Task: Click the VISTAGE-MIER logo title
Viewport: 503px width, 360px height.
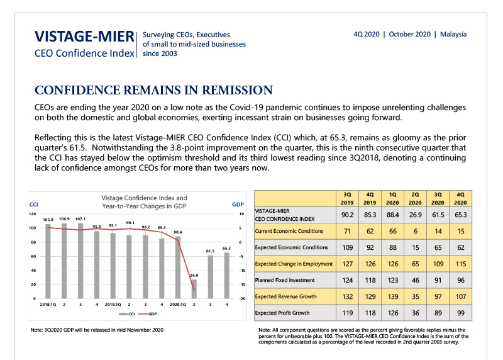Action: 84,37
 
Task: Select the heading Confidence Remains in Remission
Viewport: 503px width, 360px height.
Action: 153,90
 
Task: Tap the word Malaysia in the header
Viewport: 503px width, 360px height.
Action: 453,35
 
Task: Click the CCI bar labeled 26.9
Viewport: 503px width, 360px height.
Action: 194,289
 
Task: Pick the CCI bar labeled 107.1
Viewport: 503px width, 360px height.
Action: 80,261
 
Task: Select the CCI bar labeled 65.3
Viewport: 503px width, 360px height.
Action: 227,276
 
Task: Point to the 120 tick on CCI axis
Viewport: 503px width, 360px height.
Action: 33,214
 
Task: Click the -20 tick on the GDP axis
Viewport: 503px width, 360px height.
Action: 242,299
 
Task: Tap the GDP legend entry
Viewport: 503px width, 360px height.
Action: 148,314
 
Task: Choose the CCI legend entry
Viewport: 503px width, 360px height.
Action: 127,314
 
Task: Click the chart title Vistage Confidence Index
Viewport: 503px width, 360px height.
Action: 144,202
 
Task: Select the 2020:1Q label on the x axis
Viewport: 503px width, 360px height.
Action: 178,305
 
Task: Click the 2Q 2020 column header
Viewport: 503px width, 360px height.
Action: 415,198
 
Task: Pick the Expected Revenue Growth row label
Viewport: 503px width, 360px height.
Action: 285,296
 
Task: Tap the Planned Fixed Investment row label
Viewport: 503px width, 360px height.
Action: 285,280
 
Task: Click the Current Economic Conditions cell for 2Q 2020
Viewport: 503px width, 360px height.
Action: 416,231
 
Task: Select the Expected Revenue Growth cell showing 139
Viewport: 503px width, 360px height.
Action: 392,296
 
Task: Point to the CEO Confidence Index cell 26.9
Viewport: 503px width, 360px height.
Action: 416,215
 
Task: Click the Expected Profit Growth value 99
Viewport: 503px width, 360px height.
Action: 461,313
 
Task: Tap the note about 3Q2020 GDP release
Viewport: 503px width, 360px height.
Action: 97,330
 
